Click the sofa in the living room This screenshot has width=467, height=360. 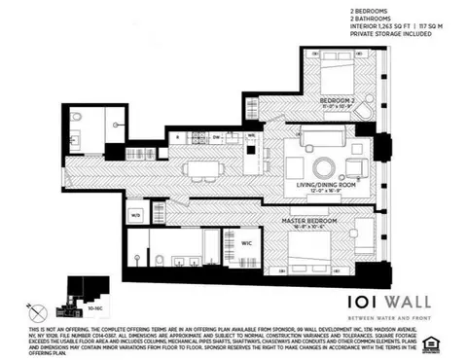pyautogui.click(x=323, y=134)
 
